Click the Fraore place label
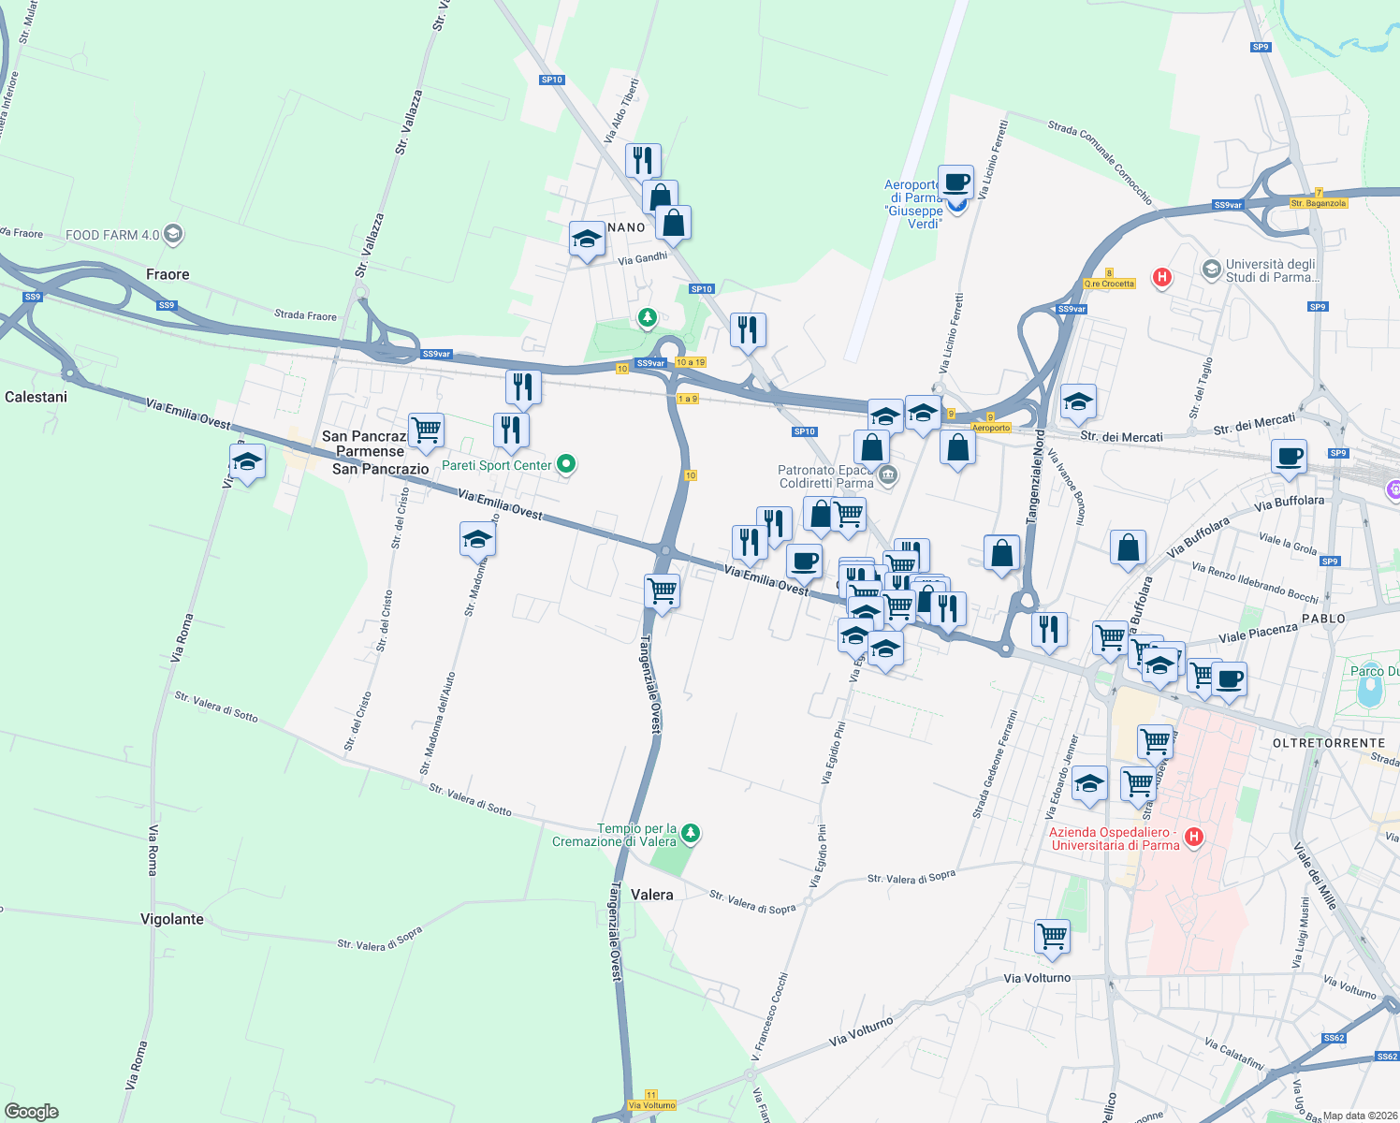coord(168,274)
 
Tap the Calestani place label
coord(36,397)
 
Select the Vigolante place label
coord(172,919)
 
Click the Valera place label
coord(651,895)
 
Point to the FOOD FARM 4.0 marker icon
coord(172,234)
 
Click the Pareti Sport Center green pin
coord(565,464)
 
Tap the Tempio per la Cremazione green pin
coord(690,832)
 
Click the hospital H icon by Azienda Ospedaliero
coord(1193,837)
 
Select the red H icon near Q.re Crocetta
coord(1161,277)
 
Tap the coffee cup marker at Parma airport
coord(955,182)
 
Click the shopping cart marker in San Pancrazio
coord(426,430)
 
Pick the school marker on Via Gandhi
coord(587,240)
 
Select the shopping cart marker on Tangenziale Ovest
coord(662,591)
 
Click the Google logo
coord(32,1111)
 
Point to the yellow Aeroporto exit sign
coord(991,428)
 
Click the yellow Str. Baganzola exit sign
coord(1318,203)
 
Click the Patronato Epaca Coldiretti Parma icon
coord(888,475)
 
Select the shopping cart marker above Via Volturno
coord(1052,935)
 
